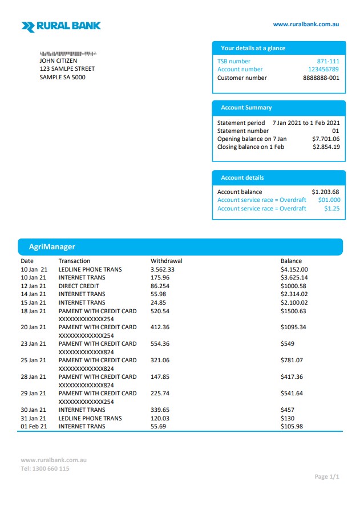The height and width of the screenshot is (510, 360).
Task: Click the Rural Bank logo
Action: tap(60, 26)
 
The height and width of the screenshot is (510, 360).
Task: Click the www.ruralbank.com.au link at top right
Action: tap(306, 24)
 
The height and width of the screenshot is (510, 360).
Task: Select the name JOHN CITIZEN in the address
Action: tap(58, 60)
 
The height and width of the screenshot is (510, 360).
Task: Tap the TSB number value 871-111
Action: tap(328, 61)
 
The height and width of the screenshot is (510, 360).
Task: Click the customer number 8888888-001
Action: tap(321, 78)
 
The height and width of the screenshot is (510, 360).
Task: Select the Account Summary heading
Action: tap(246, 107)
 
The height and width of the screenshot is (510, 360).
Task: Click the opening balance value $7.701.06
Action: tap(326, 139)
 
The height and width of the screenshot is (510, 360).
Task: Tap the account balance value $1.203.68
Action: tap(325, 192)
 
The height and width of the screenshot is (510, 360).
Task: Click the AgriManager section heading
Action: tap(52, 246)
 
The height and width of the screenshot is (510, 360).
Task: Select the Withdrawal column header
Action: tap(166, 261)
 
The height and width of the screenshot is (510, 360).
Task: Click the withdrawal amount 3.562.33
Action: tap(163, 269)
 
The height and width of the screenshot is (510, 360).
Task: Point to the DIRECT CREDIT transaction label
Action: tap(79, 286)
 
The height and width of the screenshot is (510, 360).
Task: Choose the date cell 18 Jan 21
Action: tap(34, 311)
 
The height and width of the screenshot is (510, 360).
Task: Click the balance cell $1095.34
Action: tap(293, 327)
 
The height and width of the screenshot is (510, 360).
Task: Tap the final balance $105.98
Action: tap(292, 426)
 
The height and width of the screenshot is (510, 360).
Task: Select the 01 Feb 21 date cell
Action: tap(34, 426)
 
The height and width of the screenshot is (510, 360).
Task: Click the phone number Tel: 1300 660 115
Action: tap(45, 468)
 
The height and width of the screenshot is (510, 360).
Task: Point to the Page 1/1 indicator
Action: tap(327, 476)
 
